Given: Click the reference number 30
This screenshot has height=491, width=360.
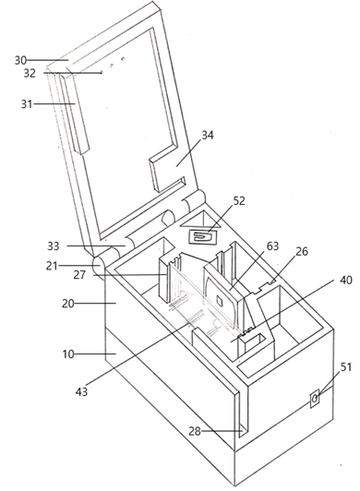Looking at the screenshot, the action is (20, 60).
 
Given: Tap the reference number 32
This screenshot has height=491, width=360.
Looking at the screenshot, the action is (30, 73).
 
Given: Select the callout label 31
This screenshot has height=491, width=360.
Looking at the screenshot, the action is (27, 103).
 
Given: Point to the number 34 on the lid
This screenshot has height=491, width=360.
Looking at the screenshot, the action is (208, 136).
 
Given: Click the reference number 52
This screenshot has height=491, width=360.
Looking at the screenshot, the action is (239, 200).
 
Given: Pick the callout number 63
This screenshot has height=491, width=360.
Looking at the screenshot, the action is (272, 246).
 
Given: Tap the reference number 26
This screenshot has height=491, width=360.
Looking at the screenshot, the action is (302, 251).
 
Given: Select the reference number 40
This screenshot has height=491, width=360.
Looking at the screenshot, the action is (345, 280).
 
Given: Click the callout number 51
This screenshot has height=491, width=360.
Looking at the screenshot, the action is (345, 366).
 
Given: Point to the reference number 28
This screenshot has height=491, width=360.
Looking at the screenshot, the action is (194, 431).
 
